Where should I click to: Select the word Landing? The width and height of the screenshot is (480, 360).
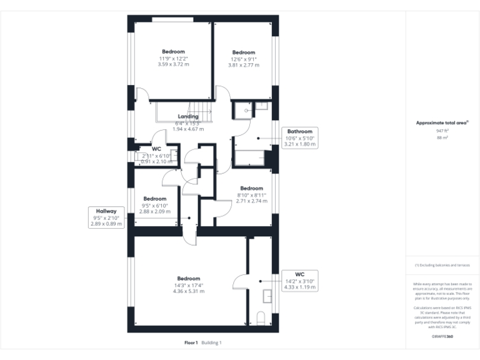click(x=188, y=116)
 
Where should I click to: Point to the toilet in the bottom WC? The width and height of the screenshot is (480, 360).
click(x=262, y=317)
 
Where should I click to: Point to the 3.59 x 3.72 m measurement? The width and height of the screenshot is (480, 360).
click(x=173, y=64)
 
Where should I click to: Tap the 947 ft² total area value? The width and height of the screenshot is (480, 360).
click(x=442, y=131)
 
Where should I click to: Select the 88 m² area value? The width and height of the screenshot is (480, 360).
click(x=442, y=137)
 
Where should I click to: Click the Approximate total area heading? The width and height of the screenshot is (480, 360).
click(x=442, y=123)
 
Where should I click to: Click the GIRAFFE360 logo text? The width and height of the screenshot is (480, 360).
click(x=442, y=337)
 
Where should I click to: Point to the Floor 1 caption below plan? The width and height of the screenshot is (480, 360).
click(x=191, y=342)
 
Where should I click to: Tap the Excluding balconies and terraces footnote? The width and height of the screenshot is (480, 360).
click(x=442, y=266)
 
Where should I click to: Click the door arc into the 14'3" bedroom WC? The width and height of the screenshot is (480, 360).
click(x=239, y=282)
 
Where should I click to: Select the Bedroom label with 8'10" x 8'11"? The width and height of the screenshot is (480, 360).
click(x=251, y=188)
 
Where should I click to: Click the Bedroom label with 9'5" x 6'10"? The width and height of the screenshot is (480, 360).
click(x=154, y=199)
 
